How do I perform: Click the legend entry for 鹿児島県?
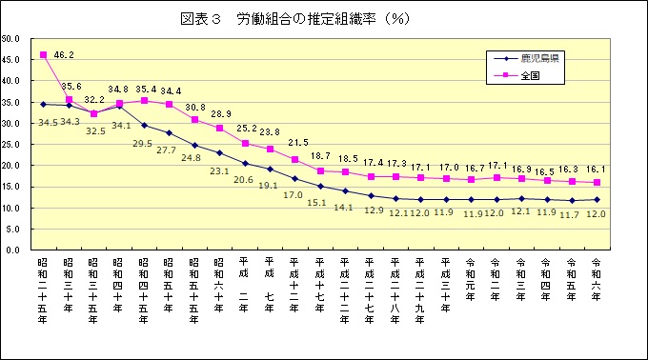(x=539, y=59)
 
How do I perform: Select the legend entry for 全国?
(x=531, y=76)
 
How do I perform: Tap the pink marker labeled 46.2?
(x=43, y=55)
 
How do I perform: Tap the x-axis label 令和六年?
(x=597, y=277)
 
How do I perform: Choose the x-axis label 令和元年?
(x=471, y=277)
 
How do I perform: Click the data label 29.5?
(x=141, y=144)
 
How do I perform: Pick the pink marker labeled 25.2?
(x=245, y=144)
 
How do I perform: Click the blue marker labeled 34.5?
(x=43, y=104)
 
